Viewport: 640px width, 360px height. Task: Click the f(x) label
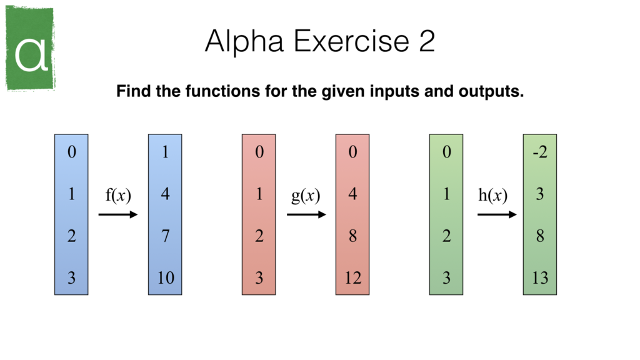(x=117, y=195)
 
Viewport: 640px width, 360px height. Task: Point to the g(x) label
(x=306, y=195)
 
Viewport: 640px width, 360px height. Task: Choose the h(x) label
(x=492, y=195)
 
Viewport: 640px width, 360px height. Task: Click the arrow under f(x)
(x=117, y=215)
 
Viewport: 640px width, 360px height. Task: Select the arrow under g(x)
(x=306, y=215)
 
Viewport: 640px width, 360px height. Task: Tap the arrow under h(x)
(x=497, y=215)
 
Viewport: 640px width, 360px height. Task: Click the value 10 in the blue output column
(x=165, y=277)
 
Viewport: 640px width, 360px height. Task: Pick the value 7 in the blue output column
(x=165, y=236)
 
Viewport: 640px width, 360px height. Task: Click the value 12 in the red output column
(x=352, y=277)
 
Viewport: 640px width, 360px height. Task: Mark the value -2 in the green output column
(x=539, y=152)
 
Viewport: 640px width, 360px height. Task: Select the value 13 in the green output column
(x=540, y=277)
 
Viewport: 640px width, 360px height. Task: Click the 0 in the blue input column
(x=71, y=152)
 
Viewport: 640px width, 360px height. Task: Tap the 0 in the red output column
(x=352, y=152)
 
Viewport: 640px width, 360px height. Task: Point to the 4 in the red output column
(x=352, y=194)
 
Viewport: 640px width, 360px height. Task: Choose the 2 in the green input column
(x=446, y=236)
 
